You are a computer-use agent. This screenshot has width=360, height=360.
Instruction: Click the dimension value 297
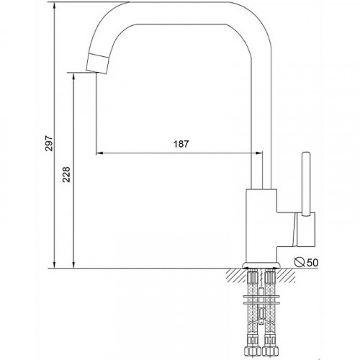pyautogui.click(x=50, y=143)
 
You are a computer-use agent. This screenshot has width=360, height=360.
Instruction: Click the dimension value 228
pyautogui.click(x=66, y=174)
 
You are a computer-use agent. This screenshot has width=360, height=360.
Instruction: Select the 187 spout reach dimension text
pyautogui.click(x=181, y=144)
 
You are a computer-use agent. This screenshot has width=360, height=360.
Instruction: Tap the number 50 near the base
pyautogui.click(x=312, y=263)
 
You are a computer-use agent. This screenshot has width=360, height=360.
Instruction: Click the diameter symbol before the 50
pyautogui.click(x=300, y=262)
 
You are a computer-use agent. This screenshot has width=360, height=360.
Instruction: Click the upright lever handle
pyautogui.click(x=306, y=184)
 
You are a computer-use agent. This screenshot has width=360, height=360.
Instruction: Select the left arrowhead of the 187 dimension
pyautogui.click(x=99, y=153)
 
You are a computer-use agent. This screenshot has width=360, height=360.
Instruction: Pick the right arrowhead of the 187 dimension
pyautogui.click(x=259, y=153)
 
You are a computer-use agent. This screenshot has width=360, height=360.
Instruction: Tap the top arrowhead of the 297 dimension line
pyautogui.click(x=55, y=6)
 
